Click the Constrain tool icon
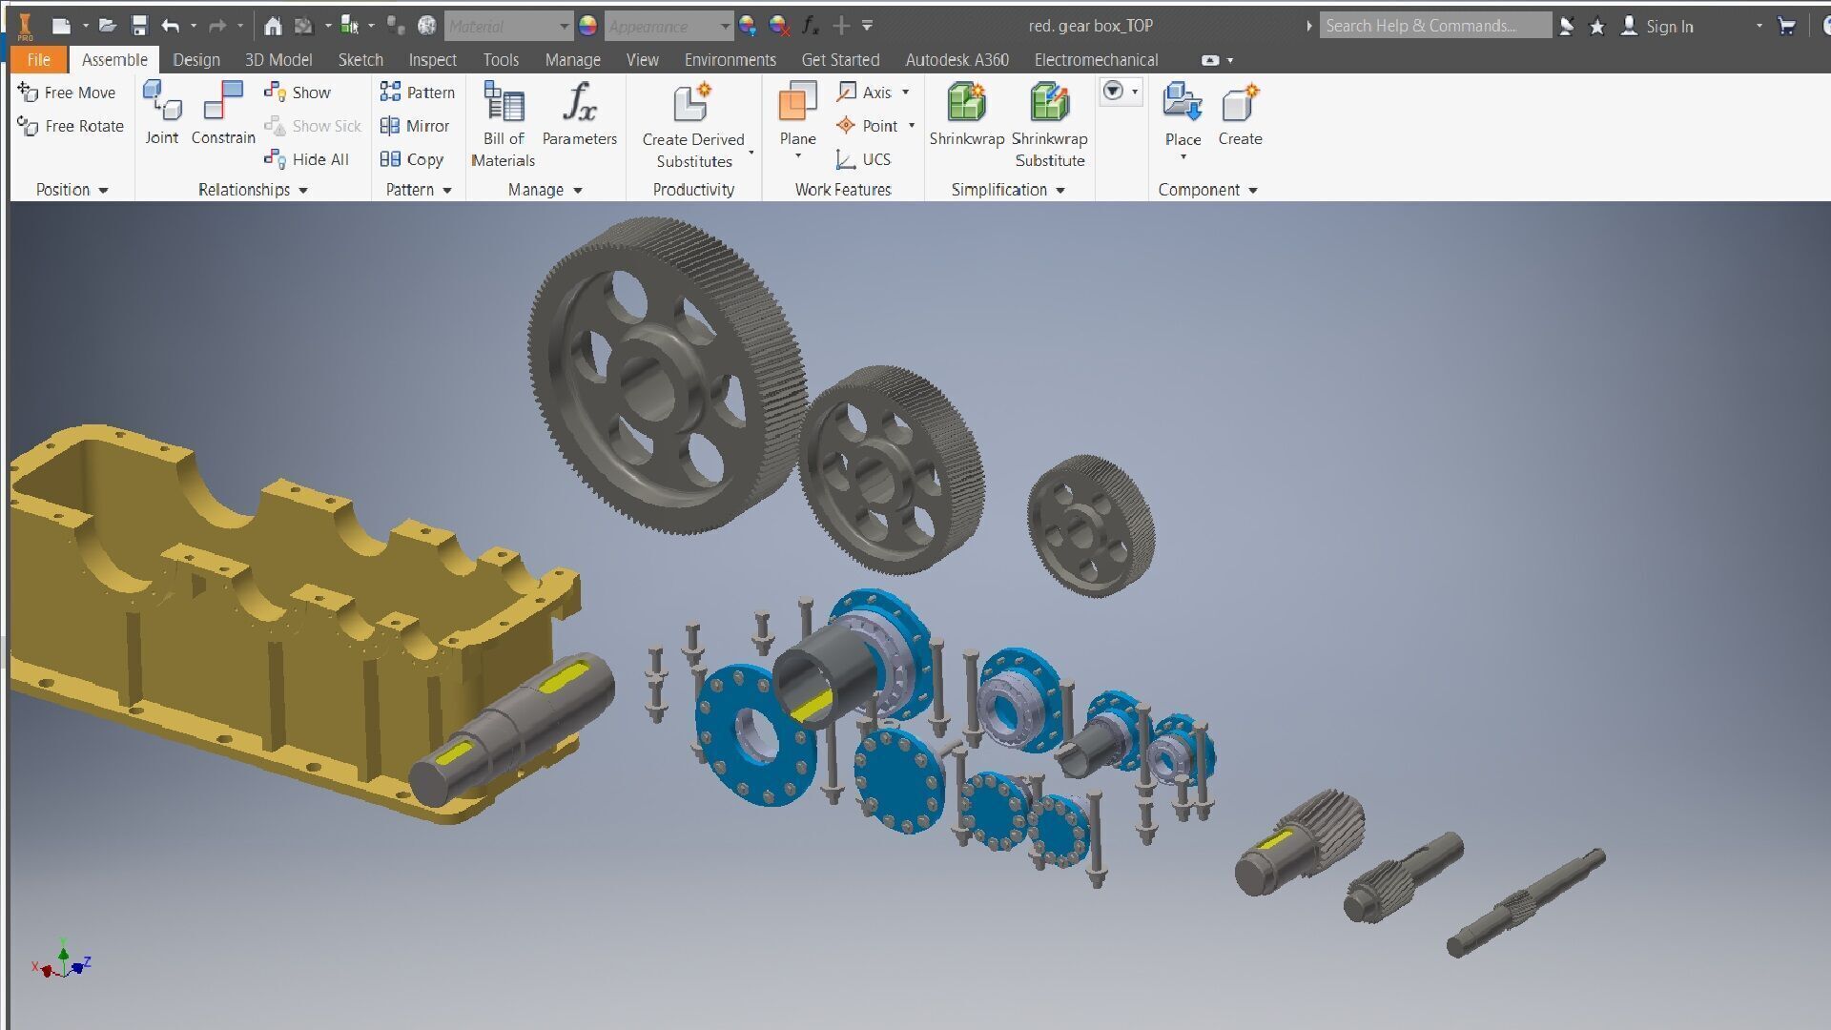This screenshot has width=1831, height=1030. [x=223, y=102]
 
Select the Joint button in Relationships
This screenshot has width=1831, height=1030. [x=161, y=102]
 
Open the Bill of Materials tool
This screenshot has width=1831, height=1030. [x=504, y=105]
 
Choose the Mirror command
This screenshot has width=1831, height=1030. [x=415, y=126]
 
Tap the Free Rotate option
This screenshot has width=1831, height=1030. [x=72, y=126]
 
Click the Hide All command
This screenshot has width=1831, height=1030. [x=307, y=159]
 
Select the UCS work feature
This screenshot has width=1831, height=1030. [x=864, y=159]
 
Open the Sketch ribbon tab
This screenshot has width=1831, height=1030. [x=360, y=60]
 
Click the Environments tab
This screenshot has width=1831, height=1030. [x=730, y=60]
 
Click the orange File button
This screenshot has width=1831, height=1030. [x=38, y=60]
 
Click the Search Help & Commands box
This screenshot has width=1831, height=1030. [x=1434, y=26]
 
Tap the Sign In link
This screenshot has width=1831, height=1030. [x=1668, y=27]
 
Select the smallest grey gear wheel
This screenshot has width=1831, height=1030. [x=1089, y=525]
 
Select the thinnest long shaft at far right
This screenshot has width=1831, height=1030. [x=1526, y=902]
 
